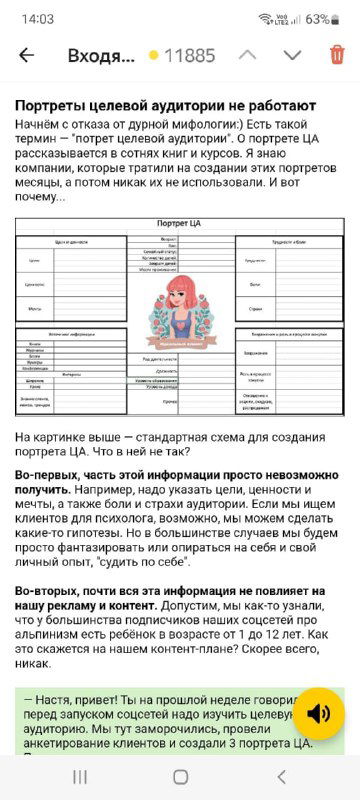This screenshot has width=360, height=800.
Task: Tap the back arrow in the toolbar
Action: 26,55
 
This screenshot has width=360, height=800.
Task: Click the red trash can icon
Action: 337,55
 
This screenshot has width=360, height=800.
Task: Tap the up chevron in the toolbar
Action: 249,55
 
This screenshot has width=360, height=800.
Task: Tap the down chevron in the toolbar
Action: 292,55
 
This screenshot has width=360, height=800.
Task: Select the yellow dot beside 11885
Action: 153,56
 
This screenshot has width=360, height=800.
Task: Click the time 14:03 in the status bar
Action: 37,18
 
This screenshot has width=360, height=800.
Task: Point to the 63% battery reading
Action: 317,18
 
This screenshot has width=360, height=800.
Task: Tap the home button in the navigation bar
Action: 180,776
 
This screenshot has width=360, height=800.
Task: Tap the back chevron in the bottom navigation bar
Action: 281,776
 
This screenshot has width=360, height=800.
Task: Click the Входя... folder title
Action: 100,56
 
